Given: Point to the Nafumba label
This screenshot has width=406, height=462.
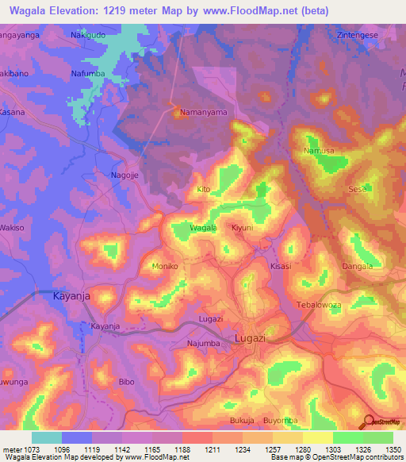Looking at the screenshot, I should pos(88,74).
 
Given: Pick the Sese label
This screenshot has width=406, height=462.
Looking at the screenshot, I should pos(357,189).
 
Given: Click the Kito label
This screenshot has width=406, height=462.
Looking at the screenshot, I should pos(203,190).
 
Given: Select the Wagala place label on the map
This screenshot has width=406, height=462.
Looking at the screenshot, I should pos(203,228).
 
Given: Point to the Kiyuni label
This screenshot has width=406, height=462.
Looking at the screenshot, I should pos(242,228).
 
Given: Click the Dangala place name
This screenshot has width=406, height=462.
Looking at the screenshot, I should pos(357,266).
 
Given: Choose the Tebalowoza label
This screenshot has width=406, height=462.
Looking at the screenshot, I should pos(317,305).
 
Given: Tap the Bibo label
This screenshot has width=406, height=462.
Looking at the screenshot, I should pos(126,382).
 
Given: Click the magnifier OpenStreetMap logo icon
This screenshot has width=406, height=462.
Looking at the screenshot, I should pos(368,421).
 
